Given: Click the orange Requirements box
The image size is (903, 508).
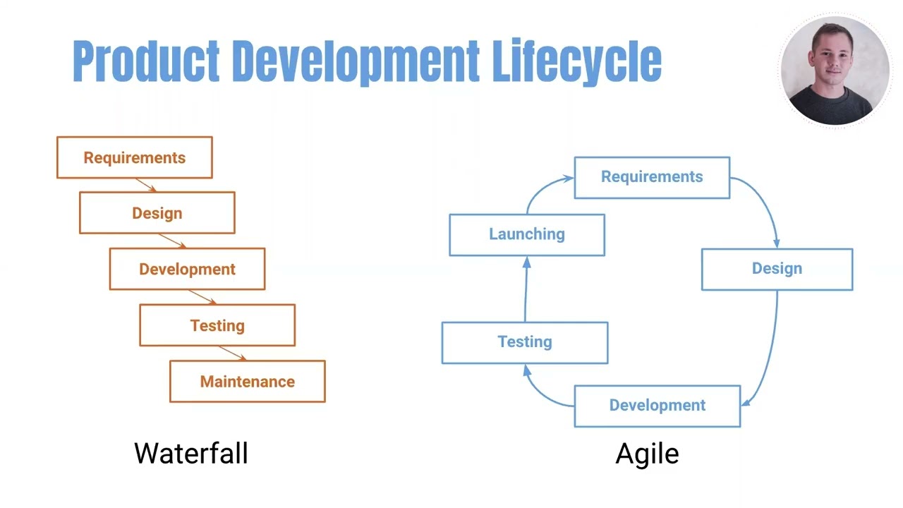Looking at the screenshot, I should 134,157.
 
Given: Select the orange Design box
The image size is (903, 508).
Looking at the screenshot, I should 157,213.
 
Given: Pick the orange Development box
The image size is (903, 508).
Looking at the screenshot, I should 187,269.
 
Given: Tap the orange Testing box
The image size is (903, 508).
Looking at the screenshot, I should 217,325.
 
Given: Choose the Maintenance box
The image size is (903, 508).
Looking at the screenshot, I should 247,382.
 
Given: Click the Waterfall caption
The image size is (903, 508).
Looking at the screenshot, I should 190,453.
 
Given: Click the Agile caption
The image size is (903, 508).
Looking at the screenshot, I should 647,453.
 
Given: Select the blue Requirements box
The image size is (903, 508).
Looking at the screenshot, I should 652,177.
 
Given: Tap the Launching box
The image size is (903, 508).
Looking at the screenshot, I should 527,234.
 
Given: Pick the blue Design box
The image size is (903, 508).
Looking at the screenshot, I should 777,269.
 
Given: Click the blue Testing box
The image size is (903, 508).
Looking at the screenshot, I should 525,342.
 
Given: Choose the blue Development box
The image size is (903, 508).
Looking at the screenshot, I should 657,406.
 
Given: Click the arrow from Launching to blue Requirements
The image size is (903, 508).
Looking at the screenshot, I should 543,188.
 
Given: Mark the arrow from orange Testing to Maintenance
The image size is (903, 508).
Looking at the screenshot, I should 232,353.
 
